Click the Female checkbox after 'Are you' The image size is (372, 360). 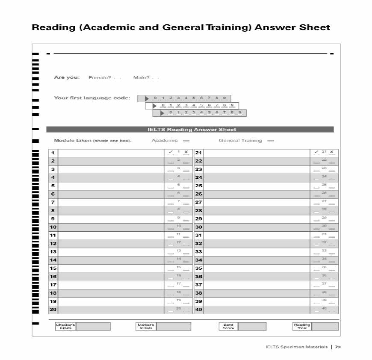tap(118, 78)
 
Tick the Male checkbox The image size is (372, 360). tap(155, 78)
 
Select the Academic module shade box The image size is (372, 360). tap(186, 141)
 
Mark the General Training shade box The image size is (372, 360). tap(271, 141)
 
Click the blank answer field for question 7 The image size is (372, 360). tap(111, 202)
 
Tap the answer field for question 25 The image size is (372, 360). tap(257, 186)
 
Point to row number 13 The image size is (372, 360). tap(53, 252)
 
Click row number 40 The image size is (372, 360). tap(198, 310)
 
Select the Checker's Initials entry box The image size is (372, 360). tap(93, 327)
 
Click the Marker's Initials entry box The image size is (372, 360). tap(174, 327)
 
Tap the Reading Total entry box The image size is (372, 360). tap(325, 327)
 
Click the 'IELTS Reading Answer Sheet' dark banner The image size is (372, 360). tap(190, 130)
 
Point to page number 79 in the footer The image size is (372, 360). tap(338, 347)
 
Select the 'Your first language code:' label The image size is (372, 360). tap(92, 98)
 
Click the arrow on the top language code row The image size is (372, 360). tap(147, 99)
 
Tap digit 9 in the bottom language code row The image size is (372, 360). tap(239, 113)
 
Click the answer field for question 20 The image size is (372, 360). tap(111, 310)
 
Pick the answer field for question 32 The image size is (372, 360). tap(257, 244)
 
